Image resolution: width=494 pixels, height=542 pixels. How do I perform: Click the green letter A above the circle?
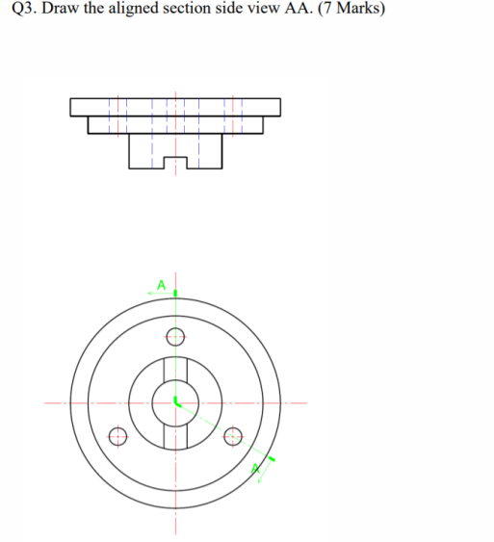[x=162, y=285]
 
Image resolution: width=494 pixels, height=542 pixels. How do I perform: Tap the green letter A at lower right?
[x=255, y=469]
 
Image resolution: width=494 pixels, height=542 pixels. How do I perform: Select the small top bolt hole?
[x=175, y=337]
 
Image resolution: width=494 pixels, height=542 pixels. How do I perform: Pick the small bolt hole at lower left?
[x=118, y=436]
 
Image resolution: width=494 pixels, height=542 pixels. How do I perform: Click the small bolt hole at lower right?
[x=232, y=436]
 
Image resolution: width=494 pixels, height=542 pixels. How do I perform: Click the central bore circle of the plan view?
[x=175, y=403]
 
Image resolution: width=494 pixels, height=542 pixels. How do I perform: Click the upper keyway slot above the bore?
[x=175, y=370]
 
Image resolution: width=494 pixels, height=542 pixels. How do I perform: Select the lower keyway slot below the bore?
[x=175, y=437]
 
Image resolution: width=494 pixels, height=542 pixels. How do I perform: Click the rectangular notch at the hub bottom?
[x=175, y=163]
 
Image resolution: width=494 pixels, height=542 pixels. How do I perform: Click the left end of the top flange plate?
[x=73, y=106]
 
